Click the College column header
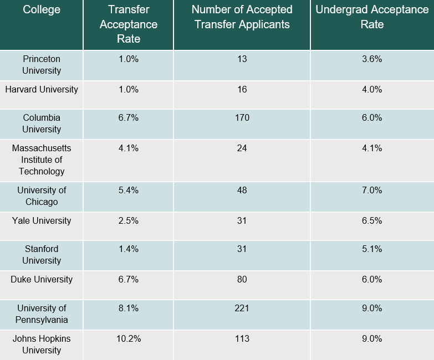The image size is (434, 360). (42, 10)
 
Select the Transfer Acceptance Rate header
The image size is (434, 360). (129, 24)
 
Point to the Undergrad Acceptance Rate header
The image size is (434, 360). (372, 17)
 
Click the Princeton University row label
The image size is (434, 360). (42, 64)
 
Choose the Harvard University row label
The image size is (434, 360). (42, 89)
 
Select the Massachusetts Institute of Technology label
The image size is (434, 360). (42, 160)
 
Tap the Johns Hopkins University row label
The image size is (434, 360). (42, 344)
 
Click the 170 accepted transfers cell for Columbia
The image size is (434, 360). (242, 117)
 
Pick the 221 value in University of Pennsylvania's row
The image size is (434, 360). (242, 308)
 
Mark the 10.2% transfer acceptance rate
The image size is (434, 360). (129, 338)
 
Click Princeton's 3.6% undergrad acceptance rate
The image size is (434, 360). (372, 59)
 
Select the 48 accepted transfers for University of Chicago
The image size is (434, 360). (242, 190)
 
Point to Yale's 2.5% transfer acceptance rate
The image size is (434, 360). (129, 220)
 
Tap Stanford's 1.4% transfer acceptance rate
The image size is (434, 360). (129, 249)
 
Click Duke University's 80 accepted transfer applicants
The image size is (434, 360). (242, 279)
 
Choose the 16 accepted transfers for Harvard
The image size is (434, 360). (242, 89)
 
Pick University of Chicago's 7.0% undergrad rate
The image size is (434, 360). (372, 190)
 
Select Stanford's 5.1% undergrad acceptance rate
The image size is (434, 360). (372, 249)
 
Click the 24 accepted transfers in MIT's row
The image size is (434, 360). (242, 148)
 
